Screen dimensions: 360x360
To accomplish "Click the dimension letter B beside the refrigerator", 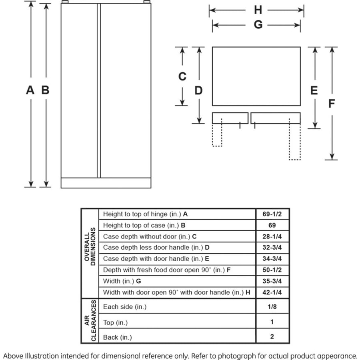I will tap(46, 90).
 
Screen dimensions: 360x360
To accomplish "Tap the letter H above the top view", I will tap(258, 10).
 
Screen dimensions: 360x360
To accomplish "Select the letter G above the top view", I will tap(258, 25).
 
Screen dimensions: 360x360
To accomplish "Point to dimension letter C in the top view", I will tap(182, 76).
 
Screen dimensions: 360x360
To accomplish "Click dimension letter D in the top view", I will tap(198, 91).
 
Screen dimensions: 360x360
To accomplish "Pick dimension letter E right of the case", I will tap(314, 91).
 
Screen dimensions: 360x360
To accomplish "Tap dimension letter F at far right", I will tap(331, 104).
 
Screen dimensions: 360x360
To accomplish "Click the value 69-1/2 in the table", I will tap(272, 214).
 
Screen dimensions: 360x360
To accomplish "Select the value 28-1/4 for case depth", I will tap(272, 236).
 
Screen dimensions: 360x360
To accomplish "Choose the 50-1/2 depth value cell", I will tap(272, 270).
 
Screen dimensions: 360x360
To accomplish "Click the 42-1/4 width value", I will tap(272, 292).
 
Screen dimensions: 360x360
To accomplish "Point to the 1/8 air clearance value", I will tap(272, 307).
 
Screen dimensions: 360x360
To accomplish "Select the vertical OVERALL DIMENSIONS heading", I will tap(90, 248).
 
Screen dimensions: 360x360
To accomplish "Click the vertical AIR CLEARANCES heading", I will tap(90, 321).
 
